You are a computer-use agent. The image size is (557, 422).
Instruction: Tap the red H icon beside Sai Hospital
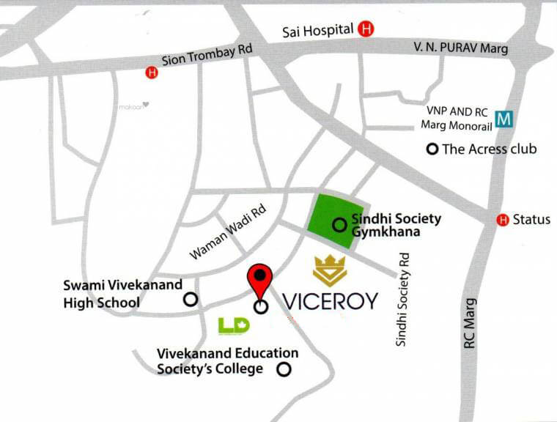click(366, 30)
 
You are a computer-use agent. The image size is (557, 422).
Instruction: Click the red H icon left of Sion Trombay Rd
click(152, 73)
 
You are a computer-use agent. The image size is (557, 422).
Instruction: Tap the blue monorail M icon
click(503, 118)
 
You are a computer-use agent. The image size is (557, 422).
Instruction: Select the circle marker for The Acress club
click(432, 149)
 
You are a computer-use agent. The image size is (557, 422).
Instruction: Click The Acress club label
click(490, 149)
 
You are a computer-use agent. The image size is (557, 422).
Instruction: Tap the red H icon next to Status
click(503, 220)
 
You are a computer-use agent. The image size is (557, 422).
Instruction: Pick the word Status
click(531, 220)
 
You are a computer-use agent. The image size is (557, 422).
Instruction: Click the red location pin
click(260, 281)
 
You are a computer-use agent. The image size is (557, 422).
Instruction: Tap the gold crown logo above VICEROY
click(331, 270)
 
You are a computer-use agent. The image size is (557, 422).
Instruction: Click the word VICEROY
click(330, 301)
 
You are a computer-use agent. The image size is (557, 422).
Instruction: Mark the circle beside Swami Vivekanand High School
click(190, 299)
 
